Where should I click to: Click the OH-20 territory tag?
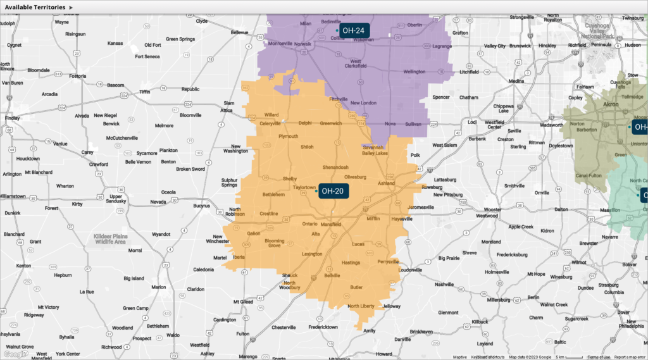point(333,190)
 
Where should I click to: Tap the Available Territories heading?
point(35,7)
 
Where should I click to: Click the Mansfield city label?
point(330,225)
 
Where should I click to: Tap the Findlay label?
point(11,118)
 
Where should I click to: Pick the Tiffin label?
point(145,91)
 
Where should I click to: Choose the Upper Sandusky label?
point(116,199)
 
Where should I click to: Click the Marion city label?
point(158,287)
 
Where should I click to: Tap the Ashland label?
point(385,182)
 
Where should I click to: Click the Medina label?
point(516,81)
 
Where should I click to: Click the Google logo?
point(16,354)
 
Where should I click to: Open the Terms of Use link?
point(598,357)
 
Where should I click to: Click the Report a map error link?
point(630,357)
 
